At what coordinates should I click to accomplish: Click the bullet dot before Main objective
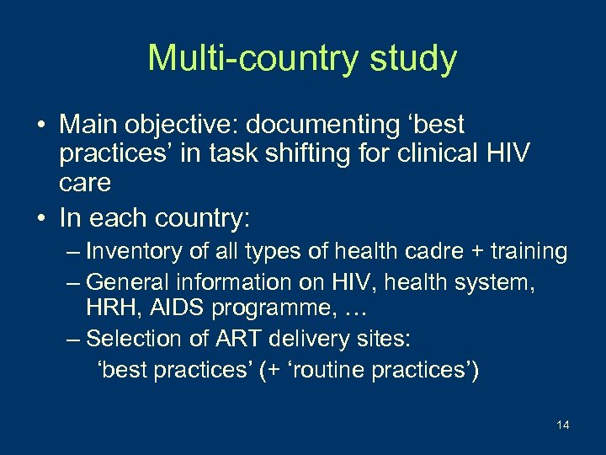(x=40, y=126)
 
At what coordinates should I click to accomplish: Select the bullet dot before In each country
(x=40, y=218)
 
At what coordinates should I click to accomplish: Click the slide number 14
(x=562, y=425)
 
